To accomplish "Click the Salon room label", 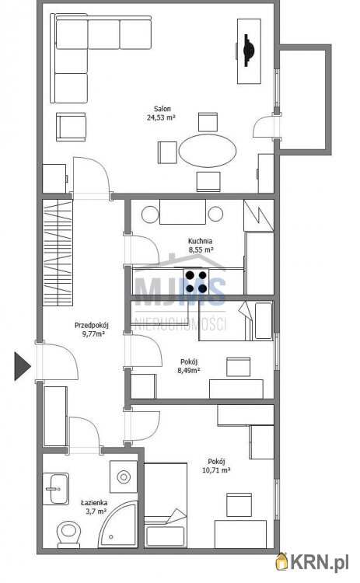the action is point(163,109).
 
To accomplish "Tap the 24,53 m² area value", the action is point(161,117).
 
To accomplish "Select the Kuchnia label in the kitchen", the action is point(200,241).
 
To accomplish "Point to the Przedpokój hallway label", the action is point(92,326).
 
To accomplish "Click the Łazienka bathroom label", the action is point(94,503).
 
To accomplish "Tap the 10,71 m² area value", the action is point(215,470).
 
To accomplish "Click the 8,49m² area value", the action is point(188,370).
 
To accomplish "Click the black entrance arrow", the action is point(22,366).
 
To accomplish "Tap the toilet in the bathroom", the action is point(68,534).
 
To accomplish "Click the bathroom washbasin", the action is point(56,489).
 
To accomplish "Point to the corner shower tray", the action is point(117,524).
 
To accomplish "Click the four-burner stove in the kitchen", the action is point(197,281).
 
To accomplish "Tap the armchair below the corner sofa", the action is point(71,127).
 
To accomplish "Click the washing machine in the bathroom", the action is point(124,477).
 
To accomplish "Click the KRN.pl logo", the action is point(312,562).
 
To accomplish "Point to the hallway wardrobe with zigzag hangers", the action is point(58,253).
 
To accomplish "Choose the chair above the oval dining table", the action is point(208,122).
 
